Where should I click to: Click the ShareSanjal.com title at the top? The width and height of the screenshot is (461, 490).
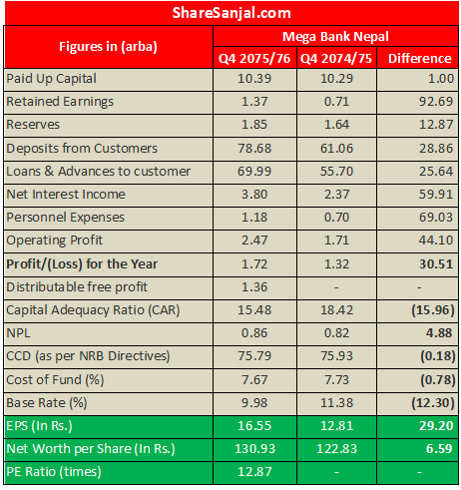pos(231,13)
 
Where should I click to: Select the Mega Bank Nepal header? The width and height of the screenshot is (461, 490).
pos(335,36)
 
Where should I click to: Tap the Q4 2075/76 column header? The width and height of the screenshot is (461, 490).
pos(255,58)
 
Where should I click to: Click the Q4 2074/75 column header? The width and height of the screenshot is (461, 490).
pos(335,58)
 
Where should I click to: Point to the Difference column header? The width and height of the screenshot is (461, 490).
pos(419,58)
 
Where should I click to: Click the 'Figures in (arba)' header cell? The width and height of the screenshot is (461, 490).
pos(108,47)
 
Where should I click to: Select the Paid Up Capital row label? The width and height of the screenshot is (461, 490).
pos(52,78)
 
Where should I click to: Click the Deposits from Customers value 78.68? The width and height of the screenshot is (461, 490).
pos(255,148)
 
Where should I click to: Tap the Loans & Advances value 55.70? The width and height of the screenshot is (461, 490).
pos(335,171)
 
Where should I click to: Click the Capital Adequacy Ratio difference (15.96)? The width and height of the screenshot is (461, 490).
pos(419,310)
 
